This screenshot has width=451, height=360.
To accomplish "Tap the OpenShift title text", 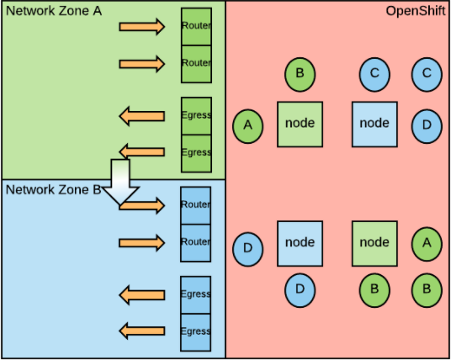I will [x=414, y=11].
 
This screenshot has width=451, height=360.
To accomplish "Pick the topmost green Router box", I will [x=196, y=26].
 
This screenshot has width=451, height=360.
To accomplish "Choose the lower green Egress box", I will [x=196, y=152].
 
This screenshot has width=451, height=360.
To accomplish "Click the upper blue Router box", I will [x=196, y=205].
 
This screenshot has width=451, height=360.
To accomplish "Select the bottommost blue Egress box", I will [x=196, y=331].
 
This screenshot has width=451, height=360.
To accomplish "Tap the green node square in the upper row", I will [x=300, y=124].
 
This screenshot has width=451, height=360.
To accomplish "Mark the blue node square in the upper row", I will [x=374, y=124].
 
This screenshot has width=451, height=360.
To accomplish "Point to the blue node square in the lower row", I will [x=300, y=243].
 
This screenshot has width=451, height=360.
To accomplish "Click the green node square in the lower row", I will [x=374, y=243].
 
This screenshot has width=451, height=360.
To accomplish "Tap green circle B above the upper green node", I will [x=300, y=74].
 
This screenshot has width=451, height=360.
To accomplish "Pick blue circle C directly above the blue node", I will [x=374, y=74].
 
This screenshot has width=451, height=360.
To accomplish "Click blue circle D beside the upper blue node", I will [x=427, y=125].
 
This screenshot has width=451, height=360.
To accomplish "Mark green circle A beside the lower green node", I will [x=427, y=243].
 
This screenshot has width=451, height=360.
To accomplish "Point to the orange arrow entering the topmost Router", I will [x=142, y=27].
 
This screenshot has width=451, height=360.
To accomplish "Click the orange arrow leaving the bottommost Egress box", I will [x=141, y=331].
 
